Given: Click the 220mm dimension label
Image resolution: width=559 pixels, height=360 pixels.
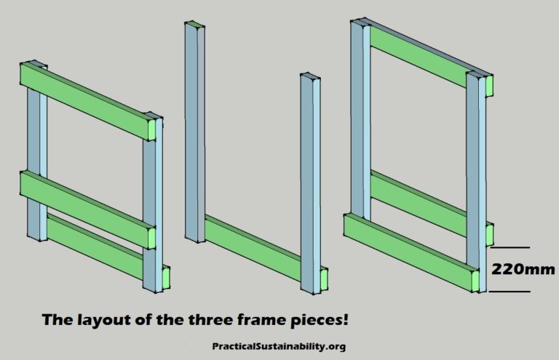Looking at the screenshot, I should tap(523, 269).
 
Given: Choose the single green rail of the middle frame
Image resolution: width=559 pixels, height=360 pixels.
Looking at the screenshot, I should tap(255, 247).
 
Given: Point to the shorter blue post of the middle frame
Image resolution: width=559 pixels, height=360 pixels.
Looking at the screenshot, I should tap(309, 182).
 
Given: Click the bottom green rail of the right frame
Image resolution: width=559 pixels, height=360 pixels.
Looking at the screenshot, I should tap(408, 247).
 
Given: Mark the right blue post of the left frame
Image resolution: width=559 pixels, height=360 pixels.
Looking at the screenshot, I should tap(152, 204).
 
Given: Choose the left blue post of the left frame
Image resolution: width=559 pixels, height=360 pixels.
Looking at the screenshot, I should tap(35, 160).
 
